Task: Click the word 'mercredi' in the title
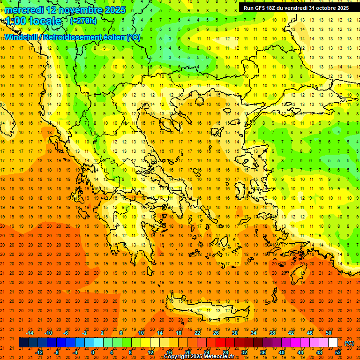[22, 10]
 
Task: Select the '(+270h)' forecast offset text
[83, 21]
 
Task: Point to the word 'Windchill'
[22, 37]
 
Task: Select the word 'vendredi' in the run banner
[293, 8]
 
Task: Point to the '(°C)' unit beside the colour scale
[349, 343]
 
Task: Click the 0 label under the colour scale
[93, 352]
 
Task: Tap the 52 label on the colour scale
[338, 352]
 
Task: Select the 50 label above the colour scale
[329, 333]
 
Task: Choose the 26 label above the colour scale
[216, 333]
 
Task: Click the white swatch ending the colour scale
[333, 343]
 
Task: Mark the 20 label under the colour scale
[187, 352]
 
